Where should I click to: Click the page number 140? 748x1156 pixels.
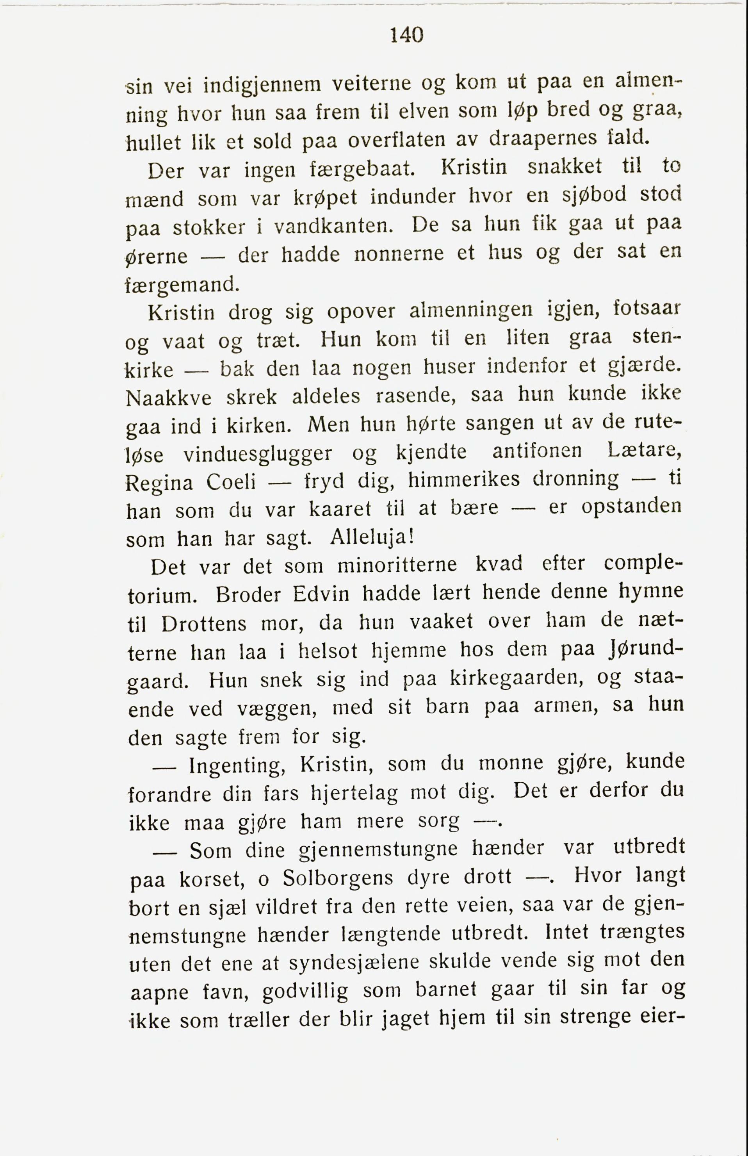[x=407, y=36]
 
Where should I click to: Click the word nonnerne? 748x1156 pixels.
[x=399, y=254]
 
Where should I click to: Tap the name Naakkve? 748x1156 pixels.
[x=168, y=398]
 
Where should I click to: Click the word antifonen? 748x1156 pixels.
[x=537, y=451]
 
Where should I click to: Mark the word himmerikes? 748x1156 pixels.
[x=463, y=480]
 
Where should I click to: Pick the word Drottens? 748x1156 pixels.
[x=204, y=624]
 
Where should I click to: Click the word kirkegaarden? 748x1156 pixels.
[x=516, y=678]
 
